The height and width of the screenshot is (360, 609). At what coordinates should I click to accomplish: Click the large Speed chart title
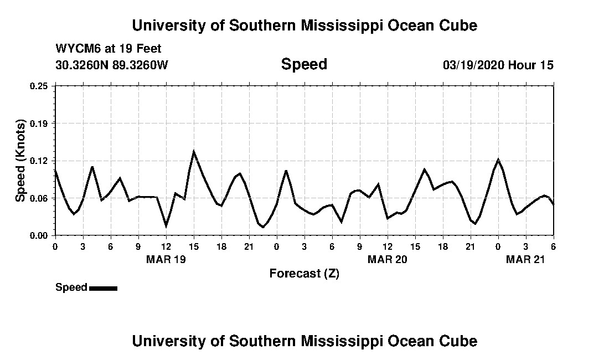[x=304, y=64]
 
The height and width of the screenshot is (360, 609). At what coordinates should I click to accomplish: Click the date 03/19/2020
[x=473, y=65]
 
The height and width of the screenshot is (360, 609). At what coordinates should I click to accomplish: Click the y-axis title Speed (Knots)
[x=21, y=161]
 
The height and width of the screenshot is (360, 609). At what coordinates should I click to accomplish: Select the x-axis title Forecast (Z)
[x=304, y=273]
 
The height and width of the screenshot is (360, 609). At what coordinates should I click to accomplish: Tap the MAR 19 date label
[x=166, y=259]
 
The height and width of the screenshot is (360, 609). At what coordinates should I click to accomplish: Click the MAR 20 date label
[x=388, y=259]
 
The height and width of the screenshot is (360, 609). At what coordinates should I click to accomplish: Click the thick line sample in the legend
[x=103, y=288]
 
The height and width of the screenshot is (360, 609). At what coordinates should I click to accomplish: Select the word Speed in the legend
[x=71, y=287]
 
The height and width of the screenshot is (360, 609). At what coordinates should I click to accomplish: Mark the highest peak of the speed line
[x=194, y=151]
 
